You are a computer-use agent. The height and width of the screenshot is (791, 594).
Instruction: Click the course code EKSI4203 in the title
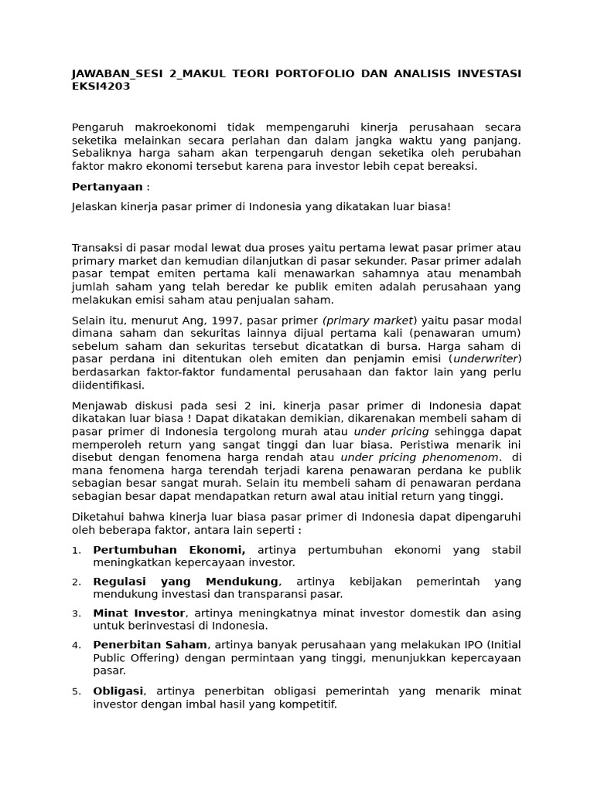tap(101, 87)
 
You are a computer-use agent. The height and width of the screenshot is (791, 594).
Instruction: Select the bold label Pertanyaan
tap(108, 187)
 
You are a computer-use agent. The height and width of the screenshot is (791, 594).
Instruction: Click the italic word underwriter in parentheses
tap(486, 358)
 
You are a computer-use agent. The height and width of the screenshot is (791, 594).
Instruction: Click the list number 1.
tap(76, 551)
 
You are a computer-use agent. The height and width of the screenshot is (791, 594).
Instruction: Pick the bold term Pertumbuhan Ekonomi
tap(169, 549)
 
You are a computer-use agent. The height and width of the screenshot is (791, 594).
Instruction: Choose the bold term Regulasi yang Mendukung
tap(185, 581)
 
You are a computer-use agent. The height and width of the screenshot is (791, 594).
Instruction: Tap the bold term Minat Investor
tap(139, 613)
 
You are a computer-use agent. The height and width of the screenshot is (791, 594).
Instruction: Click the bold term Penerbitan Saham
tap(150, 644)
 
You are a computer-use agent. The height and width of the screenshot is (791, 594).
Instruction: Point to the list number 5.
tap(76, 691)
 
